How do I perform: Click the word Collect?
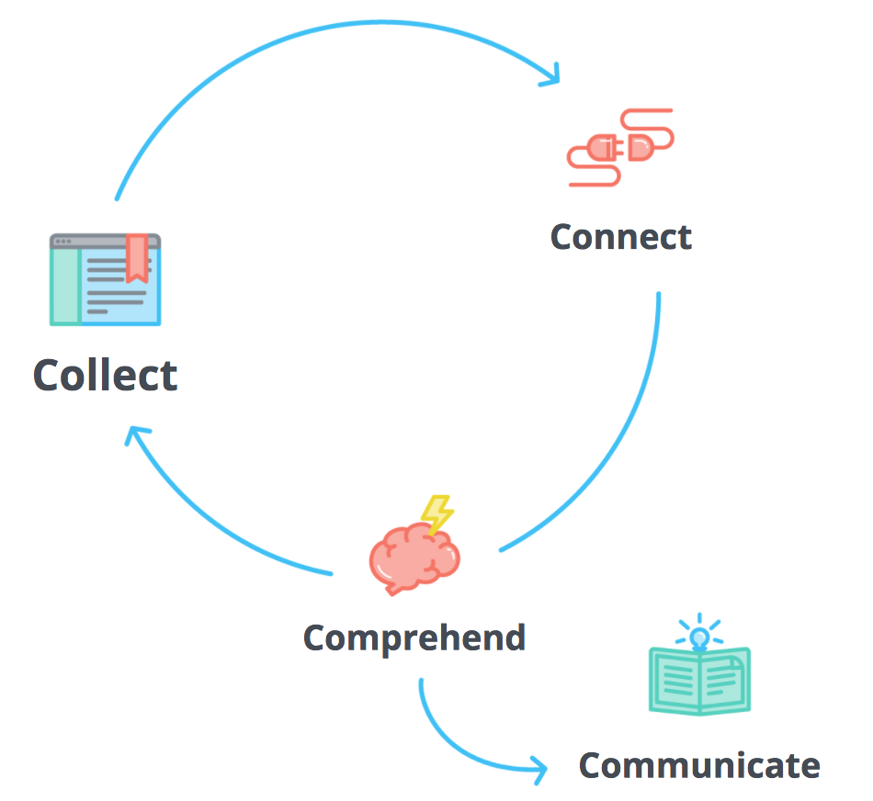[x=105, y=375]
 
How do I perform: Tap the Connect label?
[x=620, y=237]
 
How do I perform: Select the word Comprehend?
[x=414, y=637]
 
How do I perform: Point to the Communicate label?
[x=698, y=764]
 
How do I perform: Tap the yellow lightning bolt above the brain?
[x=436, y=513]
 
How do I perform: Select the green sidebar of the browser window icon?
[x=64, y=285]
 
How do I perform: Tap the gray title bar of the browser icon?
[x=105, y=241]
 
